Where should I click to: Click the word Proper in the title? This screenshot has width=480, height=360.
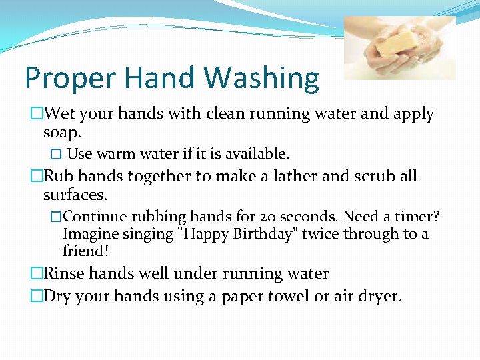pos(61,79)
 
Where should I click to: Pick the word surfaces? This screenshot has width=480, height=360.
pos(75,195)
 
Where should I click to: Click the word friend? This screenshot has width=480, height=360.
pos(85,251)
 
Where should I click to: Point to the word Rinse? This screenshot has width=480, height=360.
pos(65,274)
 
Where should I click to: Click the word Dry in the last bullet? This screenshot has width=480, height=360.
pos(59,295)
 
